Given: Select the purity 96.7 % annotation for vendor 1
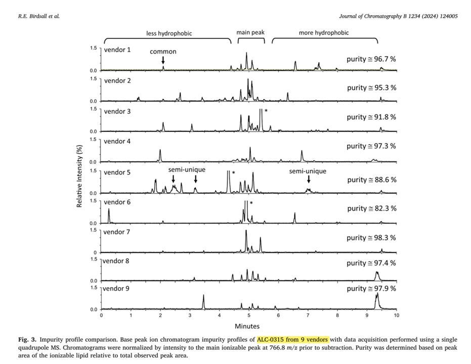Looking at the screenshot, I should (x=371, y=59).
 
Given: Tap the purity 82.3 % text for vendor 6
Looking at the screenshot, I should (x=371, y=208).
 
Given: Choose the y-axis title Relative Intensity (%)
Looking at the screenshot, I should (x=80, y=179).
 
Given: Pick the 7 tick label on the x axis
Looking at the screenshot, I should (x=308, y=315).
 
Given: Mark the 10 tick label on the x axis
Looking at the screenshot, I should (x=396, y=315).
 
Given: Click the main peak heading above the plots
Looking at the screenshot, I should (x=250, y=32).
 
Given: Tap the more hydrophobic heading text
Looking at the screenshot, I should (x=324, y=33).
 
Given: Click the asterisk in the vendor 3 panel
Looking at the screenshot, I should (x=266, y=111).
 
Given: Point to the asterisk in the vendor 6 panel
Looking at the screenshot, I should (x=251, y=203).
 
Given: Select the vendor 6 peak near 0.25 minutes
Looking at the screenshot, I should (x=109, y=216).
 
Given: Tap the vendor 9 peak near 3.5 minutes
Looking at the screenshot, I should (x=203, y=301).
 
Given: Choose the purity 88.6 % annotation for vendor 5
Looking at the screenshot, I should (x=371, y=180).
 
